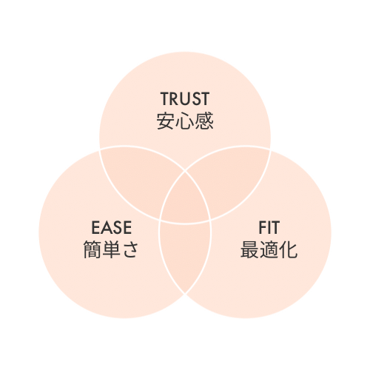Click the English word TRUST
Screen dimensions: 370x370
[185, 98]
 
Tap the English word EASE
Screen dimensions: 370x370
[112, 227]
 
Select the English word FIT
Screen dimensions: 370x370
[269, 227]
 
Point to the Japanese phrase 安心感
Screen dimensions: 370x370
[185, 121]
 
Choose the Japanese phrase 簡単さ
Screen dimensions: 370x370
[111, 249]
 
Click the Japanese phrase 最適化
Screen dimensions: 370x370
[269, 249]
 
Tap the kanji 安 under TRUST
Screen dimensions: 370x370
[166, 121]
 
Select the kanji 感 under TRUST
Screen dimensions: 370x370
[204, 121]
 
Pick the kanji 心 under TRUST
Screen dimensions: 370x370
[185, 121]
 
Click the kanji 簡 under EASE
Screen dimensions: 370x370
[92, 249]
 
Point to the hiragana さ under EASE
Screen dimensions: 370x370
[130, 249]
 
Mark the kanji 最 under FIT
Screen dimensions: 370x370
[250, 249]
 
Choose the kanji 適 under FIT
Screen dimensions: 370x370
[269, 249]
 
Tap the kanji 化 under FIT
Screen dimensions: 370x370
[289, 249]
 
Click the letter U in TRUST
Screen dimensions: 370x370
[185, 98]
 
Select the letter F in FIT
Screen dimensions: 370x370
[263, 227]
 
